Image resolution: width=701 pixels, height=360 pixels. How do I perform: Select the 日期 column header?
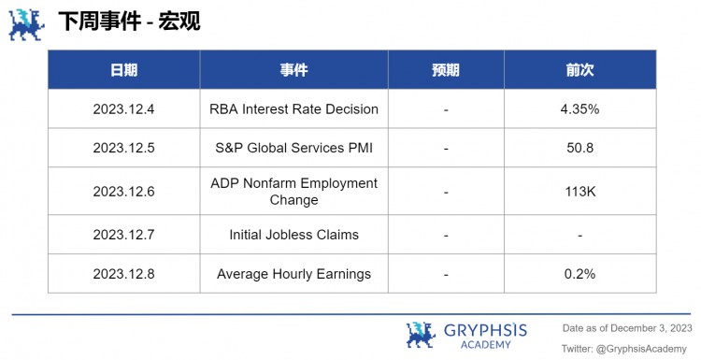point(123,70)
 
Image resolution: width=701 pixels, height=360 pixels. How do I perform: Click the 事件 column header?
point(293,70)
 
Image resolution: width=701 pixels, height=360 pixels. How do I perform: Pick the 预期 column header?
point(446,70)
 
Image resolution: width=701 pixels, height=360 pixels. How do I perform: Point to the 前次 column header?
point(579,70)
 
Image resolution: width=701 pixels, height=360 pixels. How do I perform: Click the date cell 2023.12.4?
point(123,109)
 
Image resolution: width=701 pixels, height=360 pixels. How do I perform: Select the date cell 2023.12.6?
point(123,192)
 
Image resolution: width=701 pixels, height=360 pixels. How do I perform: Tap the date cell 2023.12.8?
point(123,274)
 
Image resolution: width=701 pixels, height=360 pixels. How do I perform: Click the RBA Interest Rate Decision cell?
point(293,109)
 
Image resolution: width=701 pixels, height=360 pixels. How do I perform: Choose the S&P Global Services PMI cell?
point(293,148)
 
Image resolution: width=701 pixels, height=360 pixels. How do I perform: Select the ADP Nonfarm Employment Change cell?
point(293,192)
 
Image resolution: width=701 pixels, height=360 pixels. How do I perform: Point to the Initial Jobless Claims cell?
point(293,235)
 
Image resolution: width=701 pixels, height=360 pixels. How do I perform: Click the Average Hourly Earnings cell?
point(293,274)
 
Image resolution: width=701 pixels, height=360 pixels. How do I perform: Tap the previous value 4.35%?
point(579,109)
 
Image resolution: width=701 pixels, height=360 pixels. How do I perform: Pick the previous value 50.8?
point(579,148)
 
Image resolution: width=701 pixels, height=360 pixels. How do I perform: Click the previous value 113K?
point(579,192)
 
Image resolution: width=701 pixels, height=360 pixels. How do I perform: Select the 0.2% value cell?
point(579,274)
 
